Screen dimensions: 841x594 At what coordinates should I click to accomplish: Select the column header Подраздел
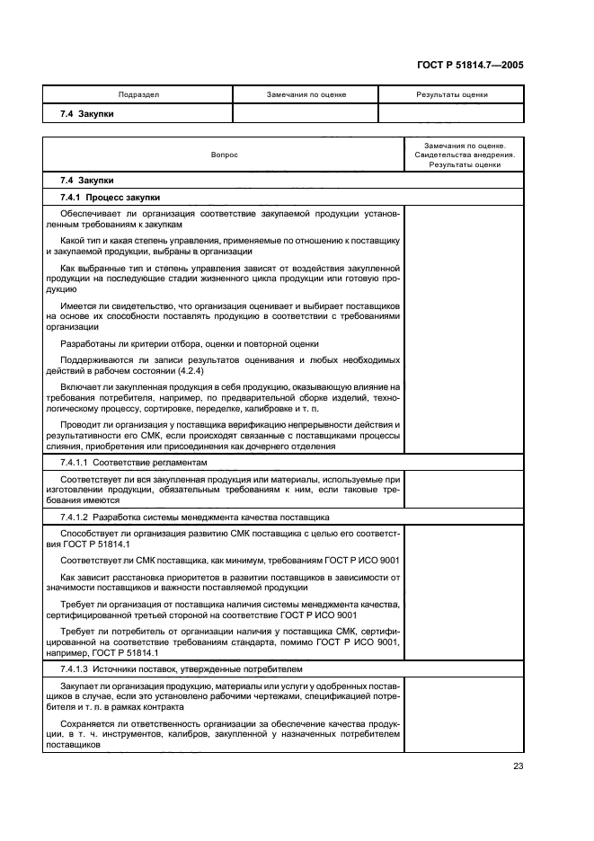(138, 94)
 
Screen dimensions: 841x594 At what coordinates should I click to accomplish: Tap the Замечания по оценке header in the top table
(306, 94)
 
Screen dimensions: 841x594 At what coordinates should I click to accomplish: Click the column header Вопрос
(225, 155)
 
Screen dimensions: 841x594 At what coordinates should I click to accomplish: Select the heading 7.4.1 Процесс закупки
(111, 196)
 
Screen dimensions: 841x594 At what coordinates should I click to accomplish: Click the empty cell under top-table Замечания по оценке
(306, 114)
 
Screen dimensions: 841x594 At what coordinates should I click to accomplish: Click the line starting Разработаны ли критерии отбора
(189, 343)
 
